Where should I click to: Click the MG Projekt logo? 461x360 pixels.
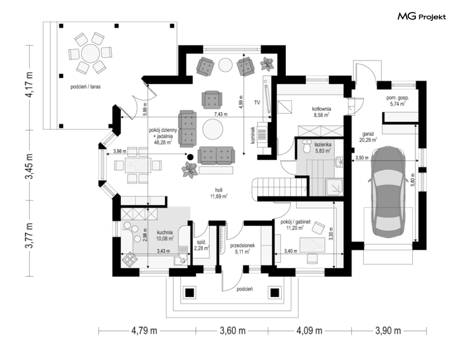pyautogui.click(x=422, y=17)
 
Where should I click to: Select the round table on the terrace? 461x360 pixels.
pyautogui.click(x=90, y=53)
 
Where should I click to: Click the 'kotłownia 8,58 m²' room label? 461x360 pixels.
pyautogui.click(x=322, y=112)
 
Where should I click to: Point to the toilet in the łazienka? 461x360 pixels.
pyautogui.click(x=307, y=146)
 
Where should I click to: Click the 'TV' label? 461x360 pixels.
pyautogui.click(x=257, y=103)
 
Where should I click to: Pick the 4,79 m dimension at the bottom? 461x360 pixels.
pyautogui.click(x=144, y=331)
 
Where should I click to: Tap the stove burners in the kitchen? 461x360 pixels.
pyautogui.click(x=129, y=259)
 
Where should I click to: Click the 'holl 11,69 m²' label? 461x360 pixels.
pyautogui.click(x=219, y=194)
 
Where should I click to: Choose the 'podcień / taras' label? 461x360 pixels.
pyautogui.click(x=86, y=87)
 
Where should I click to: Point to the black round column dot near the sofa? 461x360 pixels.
pyautogui.click(x=190, y=157)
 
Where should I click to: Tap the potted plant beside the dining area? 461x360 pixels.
pyautogui.click(x=189, y=170)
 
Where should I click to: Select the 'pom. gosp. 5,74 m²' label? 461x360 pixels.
pyautogui.click(x=398, y=101)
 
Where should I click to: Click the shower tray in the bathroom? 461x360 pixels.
pyautogui.click(x=335, y=187)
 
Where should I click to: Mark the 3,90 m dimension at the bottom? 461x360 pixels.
pyautogui.click(x=388, y=331)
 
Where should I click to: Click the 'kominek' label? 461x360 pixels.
pyautogui.click(x=253, y=135)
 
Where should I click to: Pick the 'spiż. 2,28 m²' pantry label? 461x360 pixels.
pyautogui.click(x=202, y=246)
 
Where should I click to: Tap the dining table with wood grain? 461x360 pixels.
pyautogui.click(x=138, y=165)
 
